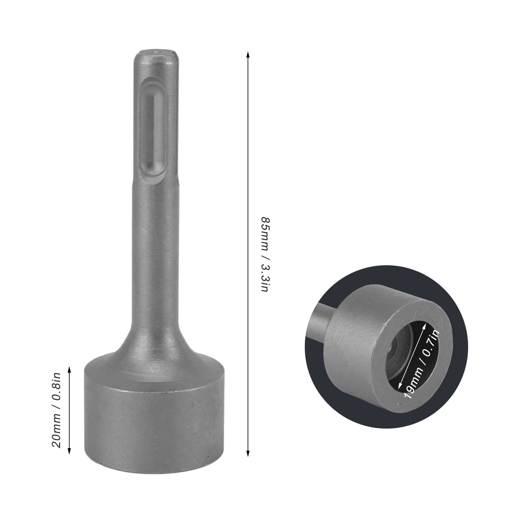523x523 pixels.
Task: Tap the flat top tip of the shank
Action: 154,52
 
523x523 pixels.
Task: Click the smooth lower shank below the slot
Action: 154,261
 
